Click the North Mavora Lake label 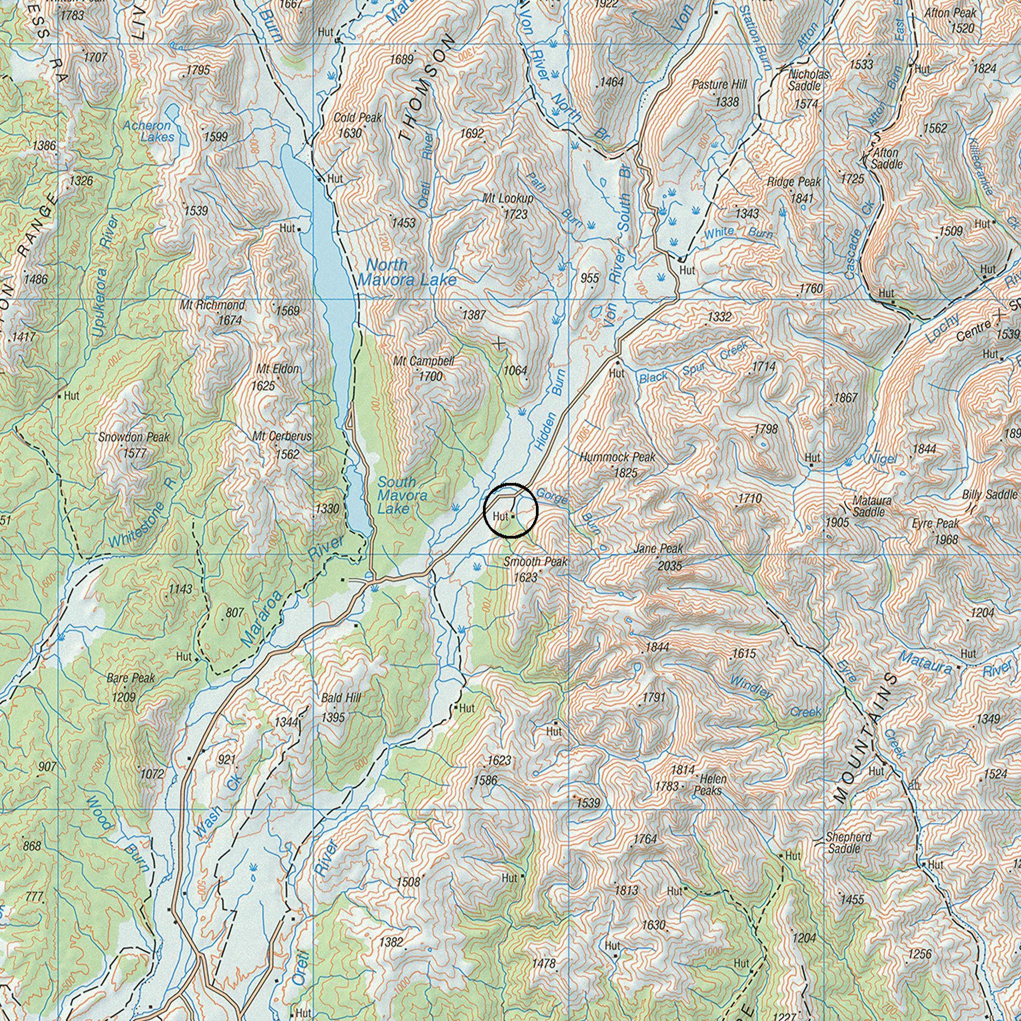click(x=406, y=272)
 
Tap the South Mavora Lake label click(x=401, y=495)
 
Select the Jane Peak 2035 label click(x=660, y=557)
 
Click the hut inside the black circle click(x=513, y=516)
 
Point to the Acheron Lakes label click(x=148, y=131)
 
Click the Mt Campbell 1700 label click(x=425, y=368)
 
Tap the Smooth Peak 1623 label click(x=535, y=569)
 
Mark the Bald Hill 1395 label click(x=340, y=707)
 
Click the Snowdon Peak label click(x=133, y=444)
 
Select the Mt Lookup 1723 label click(x=508, y=206)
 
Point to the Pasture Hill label click(x=719, y=92)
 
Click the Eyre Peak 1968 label click(x=936, y=530)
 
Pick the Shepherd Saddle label click(x=848, y=842)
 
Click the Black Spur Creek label click(x=694, y=363)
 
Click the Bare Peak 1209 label click(x=130, y=687)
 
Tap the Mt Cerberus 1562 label click(x=282, y=444)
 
